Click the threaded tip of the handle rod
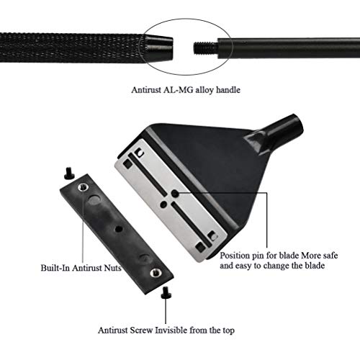[x=206, y=48]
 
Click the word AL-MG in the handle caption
[x=179, y=90]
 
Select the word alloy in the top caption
[x=204, y=90]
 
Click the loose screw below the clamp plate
[x=166, y=292]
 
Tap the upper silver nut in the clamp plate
[x=83, y=187]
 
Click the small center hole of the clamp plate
[x=118, y=229]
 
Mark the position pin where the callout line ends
[x=175, y=193]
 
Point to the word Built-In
[x=55, y=268]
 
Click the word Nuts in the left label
[x=112, y=268]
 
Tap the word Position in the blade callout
[x=235, y=256]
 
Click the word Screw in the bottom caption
[x=141, y=330]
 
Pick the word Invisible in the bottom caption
[x=171, y=330]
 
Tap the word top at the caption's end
[x=228, y=330]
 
